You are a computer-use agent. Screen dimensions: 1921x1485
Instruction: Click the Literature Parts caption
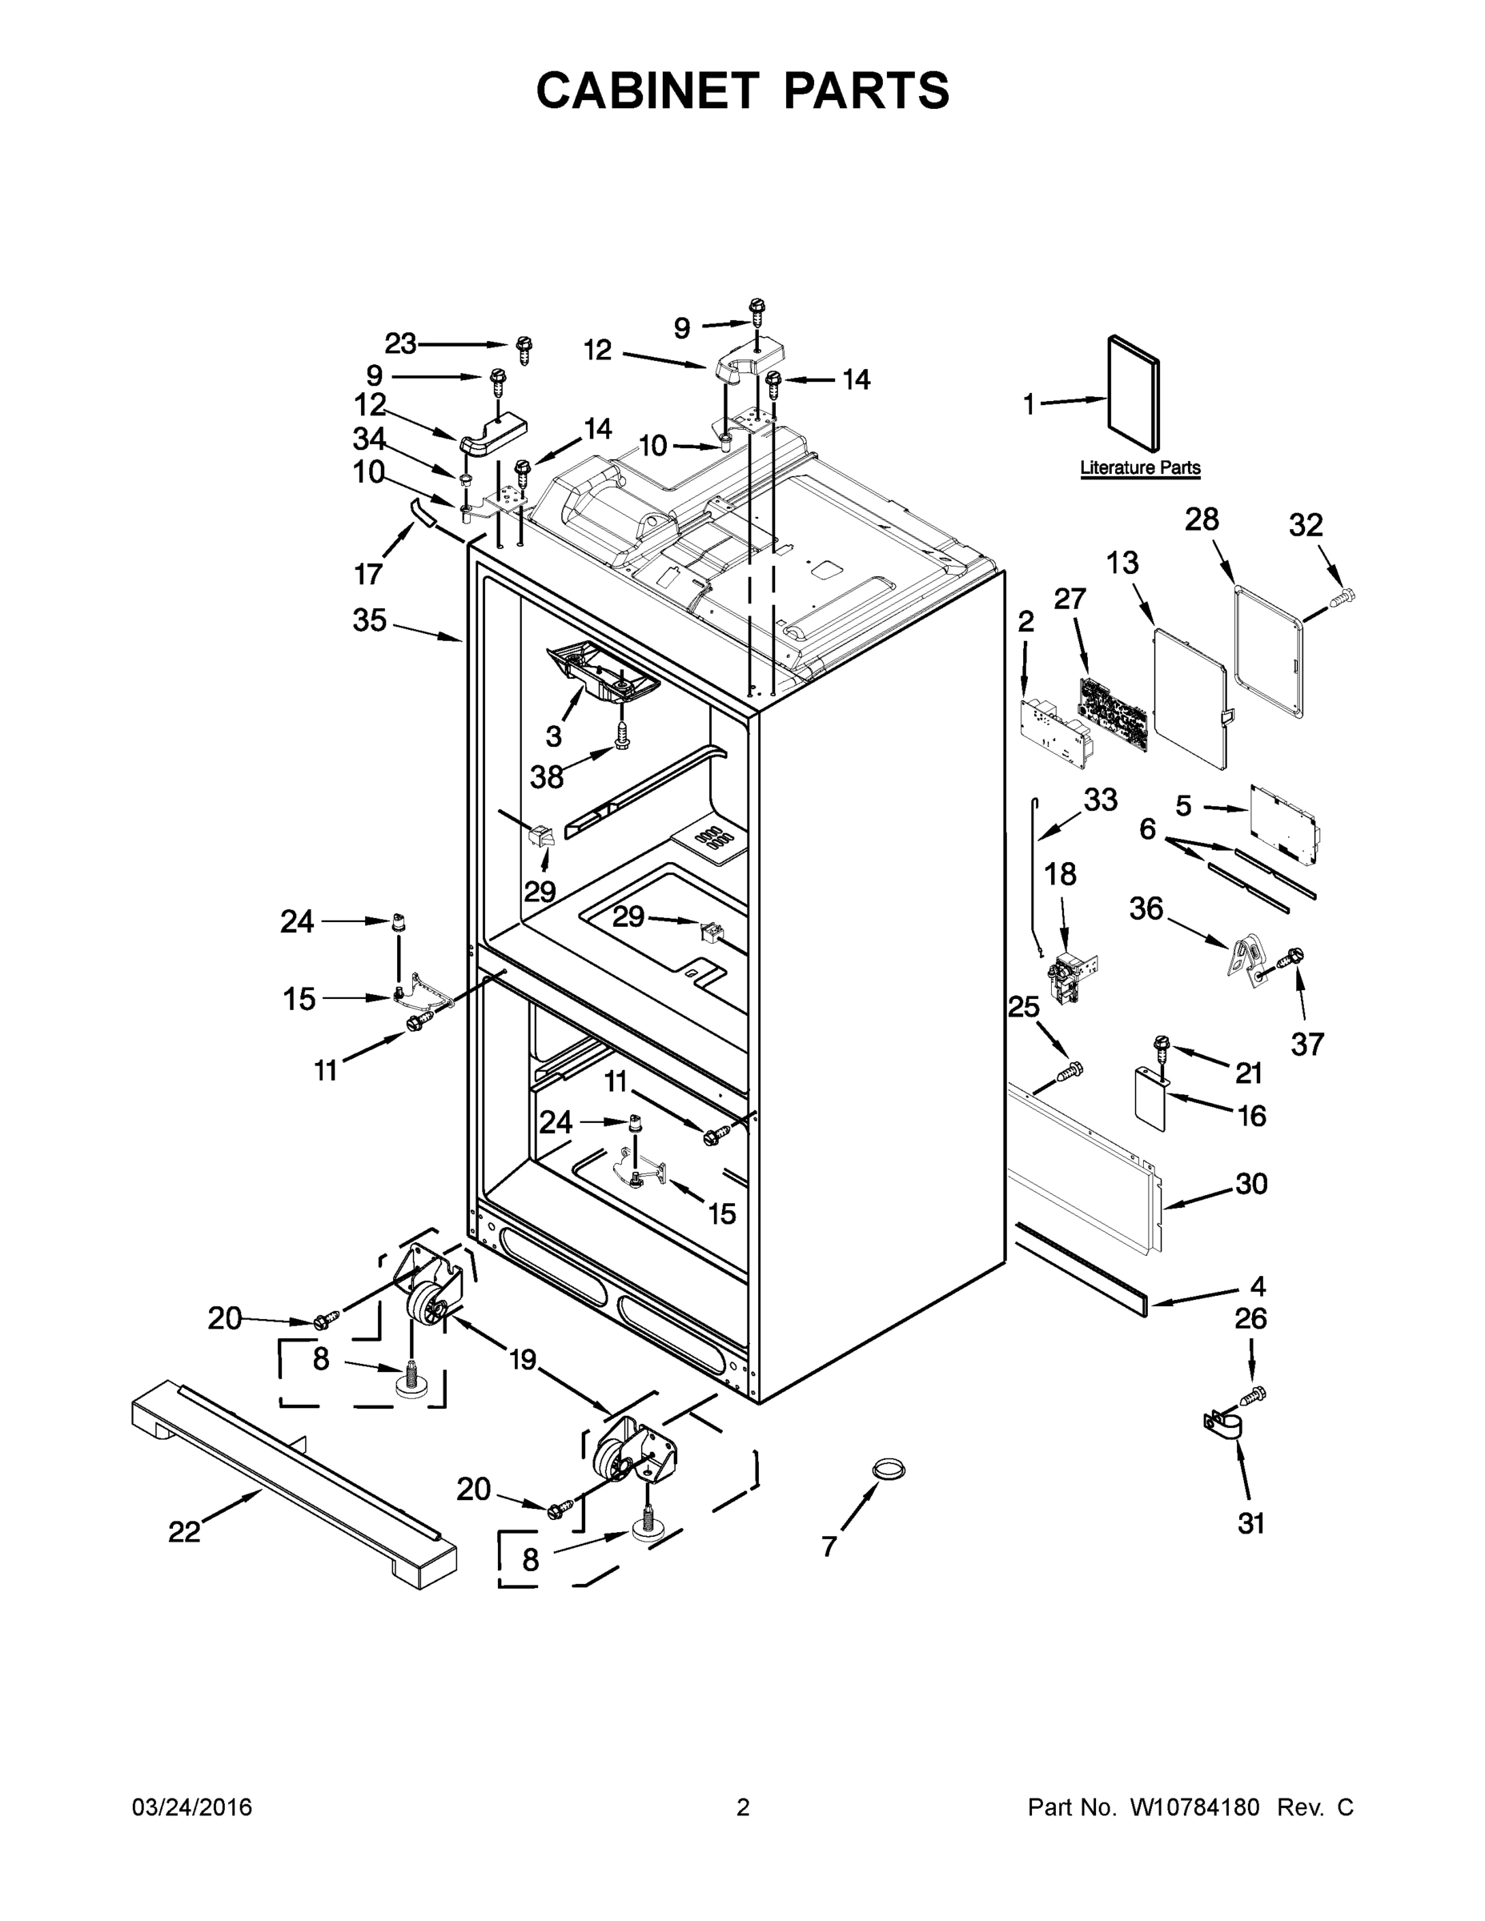[x=1139, y=468]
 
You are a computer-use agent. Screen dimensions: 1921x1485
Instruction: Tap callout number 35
[x=370, y=620]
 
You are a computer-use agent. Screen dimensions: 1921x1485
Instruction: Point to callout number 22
[x=185, y=1531]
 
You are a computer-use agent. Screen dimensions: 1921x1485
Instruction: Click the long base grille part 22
[x=295, y=1486]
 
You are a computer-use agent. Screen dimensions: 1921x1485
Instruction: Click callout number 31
[x=1251, y=1523]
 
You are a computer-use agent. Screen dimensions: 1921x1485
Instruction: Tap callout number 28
[x=1202, y=519]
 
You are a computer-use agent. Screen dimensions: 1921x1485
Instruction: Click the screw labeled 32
[x=1343, y=599]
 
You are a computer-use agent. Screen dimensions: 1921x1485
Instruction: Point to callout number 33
[x=1101, y=800]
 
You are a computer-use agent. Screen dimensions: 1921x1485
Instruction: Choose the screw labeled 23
[x=524, y=348]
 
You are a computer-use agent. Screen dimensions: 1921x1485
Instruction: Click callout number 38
[x=548, y=776]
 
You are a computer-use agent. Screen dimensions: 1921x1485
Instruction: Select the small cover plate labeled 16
[x=1147, y=1097]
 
